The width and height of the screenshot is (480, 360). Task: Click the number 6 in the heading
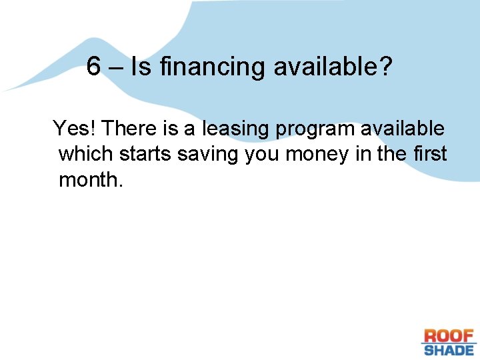(x=94, y=66)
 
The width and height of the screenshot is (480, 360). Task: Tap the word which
(x=86, y=154)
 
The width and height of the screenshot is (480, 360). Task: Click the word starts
(x=145, y=155)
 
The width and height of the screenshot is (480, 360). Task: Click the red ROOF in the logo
(x=449, y=336)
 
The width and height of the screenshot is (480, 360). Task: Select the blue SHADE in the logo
(x=449, y=349)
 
